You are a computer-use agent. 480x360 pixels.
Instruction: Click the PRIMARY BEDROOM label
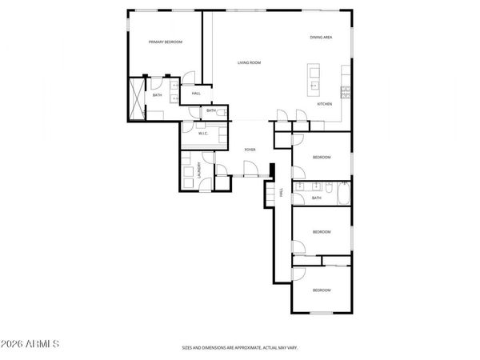pos(166,42)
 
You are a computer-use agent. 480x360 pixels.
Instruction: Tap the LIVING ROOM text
pos(249,62)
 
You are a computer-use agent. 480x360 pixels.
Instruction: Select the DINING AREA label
pos(322,38)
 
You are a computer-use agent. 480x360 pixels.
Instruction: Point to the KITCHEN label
pos(324,104)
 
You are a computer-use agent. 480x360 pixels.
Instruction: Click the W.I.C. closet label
pos(203,133)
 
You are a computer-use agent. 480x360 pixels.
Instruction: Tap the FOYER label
pos(250,150)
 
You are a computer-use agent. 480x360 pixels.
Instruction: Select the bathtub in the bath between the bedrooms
pos(342,193)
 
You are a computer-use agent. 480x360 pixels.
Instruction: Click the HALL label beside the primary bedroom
pos(195,94)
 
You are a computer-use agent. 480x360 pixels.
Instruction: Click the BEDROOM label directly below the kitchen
pos(322,157)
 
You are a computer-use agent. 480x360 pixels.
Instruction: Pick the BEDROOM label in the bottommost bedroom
pos(322,290)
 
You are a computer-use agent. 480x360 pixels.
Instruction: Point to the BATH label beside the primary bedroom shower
pos(158,95)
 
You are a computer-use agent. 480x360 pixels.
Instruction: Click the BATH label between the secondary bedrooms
pos(316,198)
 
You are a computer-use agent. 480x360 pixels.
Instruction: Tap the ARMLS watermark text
pos(31,344)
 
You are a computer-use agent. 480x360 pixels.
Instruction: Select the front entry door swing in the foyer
pos(250,169)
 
